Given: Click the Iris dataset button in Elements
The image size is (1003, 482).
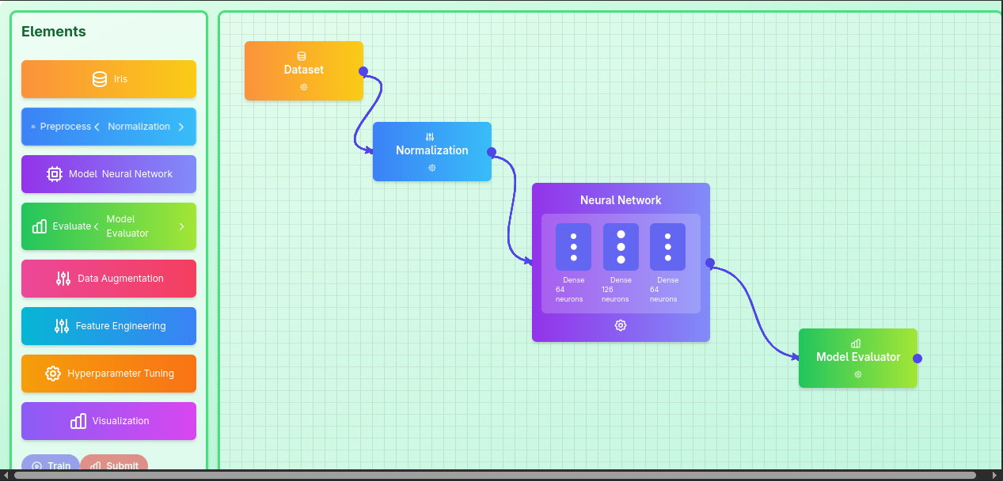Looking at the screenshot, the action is (108, 79).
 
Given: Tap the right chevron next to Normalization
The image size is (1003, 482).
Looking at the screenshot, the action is (181, 127).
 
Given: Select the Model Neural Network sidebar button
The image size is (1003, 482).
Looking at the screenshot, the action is (108, 174).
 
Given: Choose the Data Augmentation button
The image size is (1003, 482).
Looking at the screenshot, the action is (108, 279).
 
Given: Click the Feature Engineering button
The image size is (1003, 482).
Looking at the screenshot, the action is (108, 326).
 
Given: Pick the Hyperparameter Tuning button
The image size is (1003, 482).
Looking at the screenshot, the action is (108, 374).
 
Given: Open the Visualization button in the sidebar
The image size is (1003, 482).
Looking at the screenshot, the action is (108, 421).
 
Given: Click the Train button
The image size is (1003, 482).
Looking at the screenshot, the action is (51, 463).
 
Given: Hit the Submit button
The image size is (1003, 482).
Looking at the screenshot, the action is (114, 463).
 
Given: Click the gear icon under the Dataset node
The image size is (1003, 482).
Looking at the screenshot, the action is (303, 87).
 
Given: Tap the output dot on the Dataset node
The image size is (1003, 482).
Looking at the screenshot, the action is (363, 71).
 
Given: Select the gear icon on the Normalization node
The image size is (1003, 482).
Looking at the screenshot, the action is (432, 168).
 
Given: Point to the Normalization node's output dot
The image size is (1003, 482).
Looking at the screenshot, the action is (492, 152).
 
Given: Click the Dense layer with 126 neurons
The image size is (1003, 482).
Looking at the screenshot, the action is (621, 247).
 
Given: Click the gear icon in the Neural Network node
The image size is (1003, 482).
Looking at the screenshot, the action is (621, 325).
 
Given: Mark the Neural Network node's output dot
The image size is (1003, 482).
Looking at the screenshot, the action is (710, 263).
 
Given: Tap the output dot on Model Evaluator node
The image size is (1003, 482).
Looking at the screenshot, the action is (918, 359).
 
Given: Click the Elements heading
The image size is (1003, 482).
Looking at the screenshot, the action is (54, 32).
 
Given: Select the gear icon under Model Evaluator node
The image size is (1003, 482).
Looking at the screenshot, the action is (858, 374).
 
